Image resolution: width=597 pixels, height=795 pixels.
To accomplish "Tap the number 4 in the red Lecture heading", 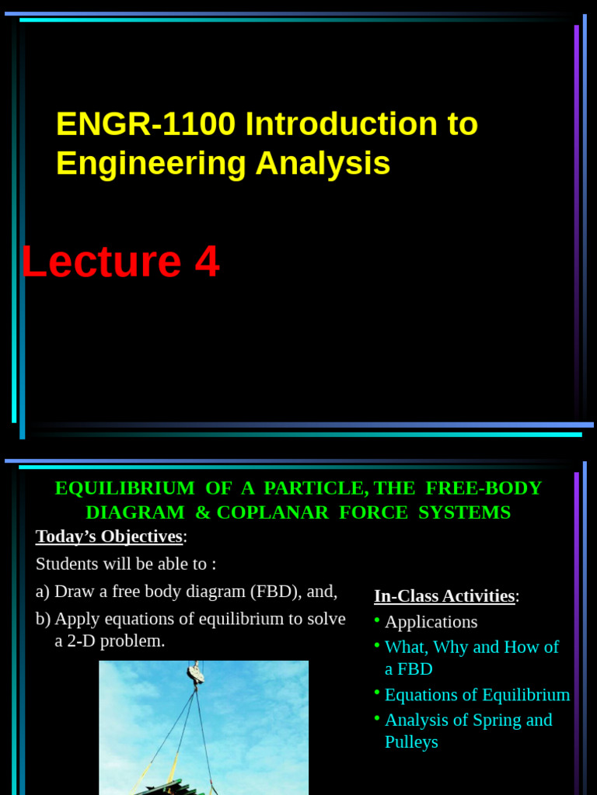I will pyautogui.click(x=207, y=262).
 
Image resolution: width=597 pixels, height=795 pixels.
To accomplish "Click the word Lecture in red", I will pyautogui.click(x=101, y=262).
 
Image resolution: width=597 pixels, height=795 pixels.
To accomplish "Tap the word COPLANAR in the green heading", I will pyautogui.click(x=314, y=512).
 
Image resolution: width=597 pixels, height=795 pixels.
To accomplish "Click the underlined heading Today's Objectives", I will pyautogui.click(x=109, y=536).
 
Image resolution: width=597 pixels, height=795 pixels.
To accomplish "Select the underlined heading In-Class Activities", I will pyautogui.click(x=444, y=596).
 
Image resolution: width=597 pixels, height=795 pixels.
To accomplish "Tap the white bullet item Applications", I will pyautogui.click(x=431, y=622).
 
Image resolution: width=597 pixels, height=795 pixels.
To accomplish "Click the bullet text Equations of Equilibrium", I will pyautogui.click(x=477, y=695).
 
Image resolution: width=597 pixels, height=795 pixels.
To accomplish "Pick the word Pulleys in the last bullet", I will pyautogui.click(x=411, y=742).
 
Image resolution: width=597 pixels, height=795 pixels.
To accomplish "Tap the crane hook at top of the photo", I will pyautogui.click(x=195, y=673).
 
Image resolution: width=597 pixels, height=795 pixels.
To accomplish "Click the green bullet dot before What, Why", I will pyautogui.click(x=377, y=645).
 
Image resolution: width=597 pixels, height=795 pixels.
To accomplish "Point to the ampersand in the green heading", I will pyautogui.click(x=202, y=512).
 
